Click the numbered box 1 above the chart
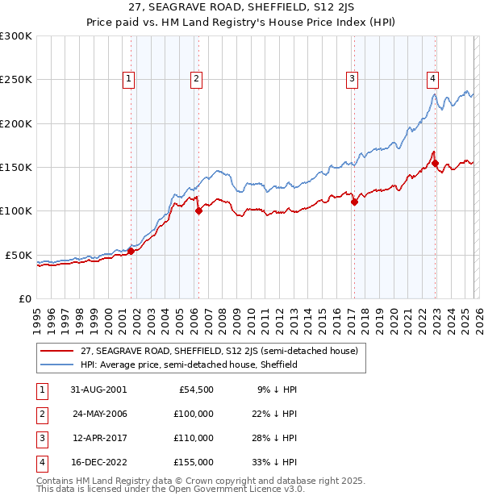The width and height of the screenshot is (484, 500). tap(129, 78)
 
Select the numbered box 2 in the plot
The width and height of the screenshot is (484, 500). tap(196, 78)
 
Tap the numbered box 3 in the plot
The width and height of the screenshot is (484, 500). tap(353, 78)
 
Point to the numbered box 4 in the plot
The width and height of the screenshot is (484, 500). tap(433, 78)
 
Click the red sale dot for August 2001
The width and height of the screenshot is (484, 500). tap(131, 251)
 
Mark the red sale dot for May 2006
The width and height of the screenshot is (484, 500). tap(198, 211)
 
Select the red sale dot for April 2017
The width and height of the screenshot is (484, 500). tap(354, 202)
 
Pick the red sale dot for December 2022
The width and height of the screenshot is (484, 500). tap(436, 163)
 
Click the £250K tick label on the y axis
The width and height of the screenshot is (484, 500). tap(16, 80)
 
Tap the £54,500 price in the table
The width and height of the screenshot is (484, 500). tap(196, 389)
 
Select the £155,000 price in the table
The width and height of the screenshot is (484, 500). tap(194, 462)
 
